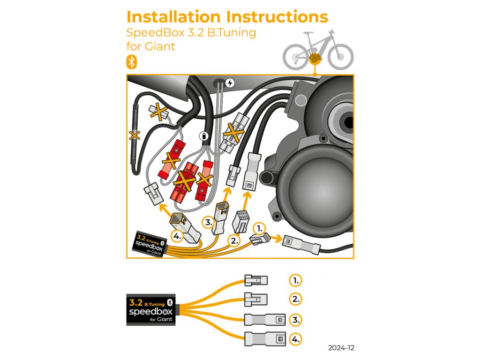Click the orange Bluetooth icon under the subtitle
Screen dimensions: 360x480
pos(132,62)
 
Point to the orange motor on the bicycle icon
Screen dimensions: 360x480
pos(315,59)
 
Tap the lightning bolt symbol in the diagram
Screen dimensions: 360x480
pos(230,83)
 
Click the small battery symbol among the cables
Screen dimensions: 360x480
pos(204,136)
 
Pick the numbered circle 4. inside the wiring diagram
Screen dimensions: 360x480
pos(177,236)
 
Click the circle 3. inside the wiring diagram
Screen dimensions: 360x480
pos(208,222)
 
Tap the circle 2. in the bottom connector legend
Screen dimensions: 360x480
pos(295,299)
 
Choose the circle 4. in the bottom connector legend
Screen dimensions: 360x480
pos(295,338)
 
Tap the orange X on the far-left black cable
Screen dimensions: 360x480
pos(135,135)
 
